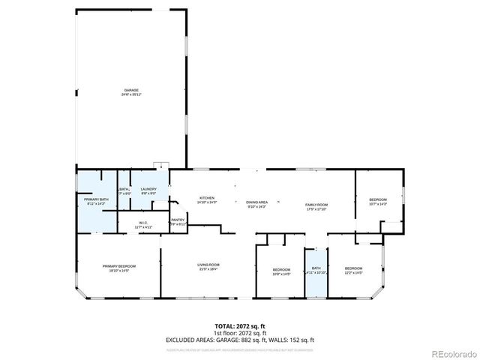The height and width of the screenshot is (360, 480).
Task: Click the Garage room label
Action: [x=132, y=92]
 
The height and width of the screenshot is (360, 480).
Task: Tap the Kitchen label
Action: [x=186, y=199]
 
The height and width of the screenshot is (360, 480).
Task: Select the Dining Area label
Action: [x=257, y=203]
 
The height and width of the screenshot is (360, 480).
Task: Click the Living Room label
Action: [x=208, y=266]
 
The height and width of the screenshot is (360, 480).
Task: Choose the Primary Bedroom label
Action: [x=119, y=268]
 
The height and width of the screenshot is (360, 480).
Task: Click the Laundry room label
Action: [x=148, y=191]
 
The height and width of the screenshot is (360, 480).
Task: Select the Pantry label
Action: [x=178, y=222]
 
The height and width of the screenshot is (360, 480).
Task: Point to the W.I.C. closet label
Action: [x=143, y=225]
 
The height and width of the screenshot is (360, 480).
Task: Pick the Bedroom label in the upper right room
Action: [x=377, y=202]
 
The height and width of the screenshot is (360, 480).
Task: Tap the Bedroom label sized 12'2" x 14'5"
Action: [x=353, y=271]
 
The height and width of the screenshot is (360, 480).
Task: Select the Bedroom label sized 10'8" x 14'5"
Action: [x=281, y=271]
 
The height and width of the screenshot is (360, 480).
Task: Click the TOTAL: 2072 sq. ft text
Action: [x=239, y=326]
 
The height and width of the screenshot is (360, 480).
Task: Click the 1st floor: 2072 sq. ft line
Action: [x=239, y=333]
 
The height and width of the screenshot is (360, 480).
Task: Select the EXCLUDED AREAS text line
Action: [x=239, y=340]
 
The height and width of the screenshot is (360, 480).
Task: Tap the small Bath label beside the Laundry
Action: [x=124, y=191]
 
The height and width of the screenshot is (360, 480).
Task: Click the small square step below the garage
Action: [x=159, y=165]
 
